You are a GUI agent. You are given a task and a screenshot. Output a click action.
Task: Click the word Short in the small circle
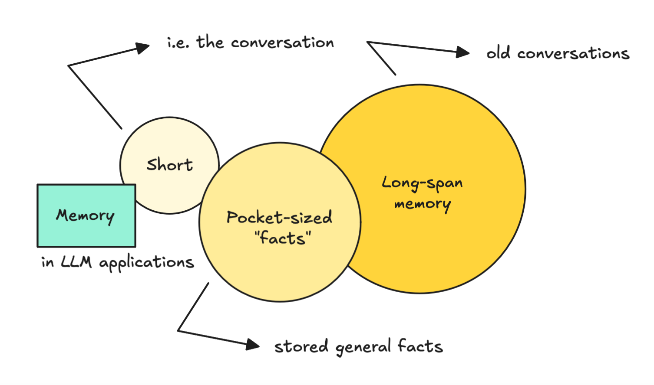[169, 165]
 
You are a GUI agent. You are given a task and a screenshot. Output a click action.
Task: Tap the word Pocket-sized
[279, 217]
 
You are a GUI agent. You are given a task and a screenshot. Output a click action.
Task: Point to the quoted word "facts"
[283, 238]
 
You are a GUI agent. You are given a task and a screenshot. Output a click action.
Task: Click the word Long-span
[422, 183]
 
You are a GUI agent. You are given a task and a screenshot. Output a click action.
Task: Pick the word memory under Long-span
[422, 204]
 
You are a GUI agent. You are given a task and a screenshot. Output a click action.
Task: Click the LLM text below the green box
[76, 262]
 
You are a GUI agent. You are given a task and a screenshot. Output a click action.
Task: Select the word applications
[146, 263]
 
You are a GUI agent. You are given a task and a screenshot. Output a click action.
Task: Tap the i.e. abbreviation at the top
[178, 43]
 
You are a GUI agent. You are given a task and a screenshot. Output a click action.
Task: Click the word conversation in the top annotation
[282, 43]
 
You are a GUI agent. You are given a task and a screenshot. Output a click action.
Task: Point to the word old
[498, 53]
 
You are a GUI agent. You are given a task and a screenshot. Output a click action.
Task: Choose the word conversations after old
[573, 53]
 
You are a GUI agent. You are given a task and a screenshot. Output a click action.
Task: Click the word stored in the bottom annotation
[301, 346]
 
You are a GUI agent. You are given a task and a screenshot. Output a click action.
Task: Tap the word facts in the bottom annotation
[420, 346]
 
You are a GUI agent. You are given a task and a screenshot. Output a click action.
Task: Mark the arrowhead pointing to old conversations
[463, 52]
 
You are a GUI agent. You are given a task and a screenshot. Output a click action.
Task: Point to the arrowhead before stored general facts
[253, 345]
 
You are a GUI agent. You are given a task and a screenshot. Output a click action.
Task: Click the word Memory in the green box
[86, 215]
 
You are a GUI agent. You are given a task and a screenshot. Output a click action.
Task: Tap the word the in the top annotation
[210, 42]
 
